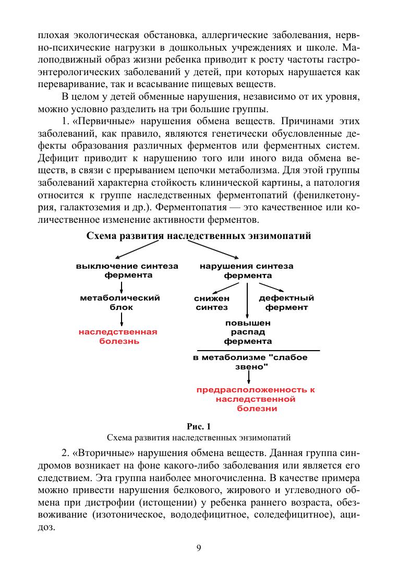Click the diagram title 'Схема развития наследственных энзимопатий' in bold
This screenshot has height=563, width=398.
pyautogui.click(x=199, y=236)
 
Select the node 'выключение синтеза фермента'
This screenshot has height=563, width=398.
pyautogui.click(x=127, y=270)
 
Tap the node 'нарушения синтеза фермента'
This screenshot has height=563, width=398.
pyautogui.click(x=247, y=270)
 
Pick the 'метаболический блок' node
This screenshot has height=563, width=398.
pyautogui.click(x=120, y=303)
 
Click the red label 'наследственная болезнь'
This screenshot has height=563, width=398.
pyautogui.click(x=118, y=337)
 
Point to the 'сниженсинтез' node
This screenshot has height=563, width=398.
pyautogui.click(x=212, y=303)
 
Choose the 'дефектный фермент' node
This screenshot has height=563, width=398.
pyautogui.click(x=286, y=303)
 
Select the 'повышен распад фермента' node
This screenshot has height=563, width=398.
pyautogui.click(x=248, y=332)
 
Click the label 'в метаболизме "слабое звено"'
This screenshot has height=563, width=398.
pyautogui.click(x=250, y=362)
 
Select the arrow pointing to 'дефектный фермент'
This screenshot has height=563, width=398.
pyautogui.click(x=271, y=288)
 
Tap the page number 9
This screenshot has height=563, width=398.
pyautogui.click(x=199, y=547)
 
